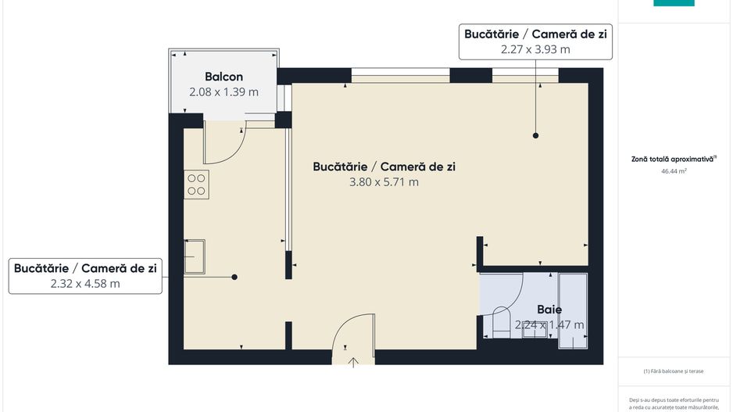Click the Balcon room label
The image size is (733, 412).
pyautogui.click(x=223, y=77)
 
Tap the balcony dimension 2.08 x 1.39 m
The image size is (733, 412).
pyautogui.click(x=223, y=92)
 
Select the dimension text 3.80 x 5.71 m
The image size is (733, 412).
pyautogui.click(x=384, y=182)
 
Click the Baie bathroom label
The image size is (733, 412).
pyautogui.click(x=549, y=310)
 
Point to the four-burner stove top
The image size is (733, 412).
pyautogui.click(x=196, y=184)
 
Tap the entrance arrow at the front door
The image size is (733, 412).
pyautogui.click(x=353, y=361)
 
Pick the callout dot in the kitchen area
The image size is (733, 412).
pyautogui.click(x=234, y=277)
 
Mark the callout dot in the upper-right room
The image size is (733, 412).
pyautogui.click(x=536, y=135)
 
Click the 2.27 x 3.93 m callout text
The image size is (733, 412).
pyautogui.click(x=535, y=48)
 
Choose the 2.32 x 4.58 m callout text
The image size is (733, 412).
pyautogui.click(x=85, y=284)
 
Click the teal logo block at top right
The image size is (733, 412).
pyautogui.click(x=674, y=3)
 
